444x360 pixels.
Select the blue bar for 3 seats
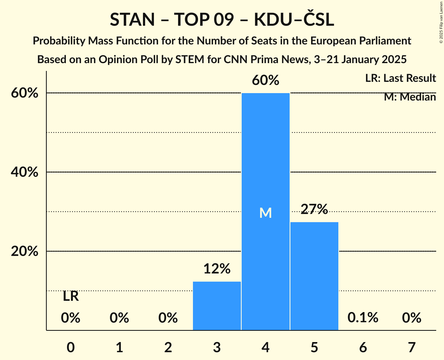(217, 306)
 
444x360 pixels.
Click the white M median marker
(265, 213)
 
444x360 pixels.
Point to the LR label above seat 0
(71, 296)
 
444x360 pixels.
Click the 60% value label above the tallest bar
(265, 80)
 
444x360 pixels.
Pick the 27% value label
(314, 209)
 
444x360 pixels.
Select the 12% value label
(217, 268)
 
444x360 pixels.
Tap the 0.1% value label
(363, 318)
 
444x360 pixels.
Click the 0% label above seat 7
(412, 318)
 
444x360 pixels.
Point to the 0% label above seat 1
(119, 318)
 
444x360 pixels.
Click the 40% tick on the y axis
(25, 172)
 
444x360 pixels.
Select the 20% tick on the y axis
(25, 252)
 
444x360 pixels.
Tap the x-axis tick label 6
(363, 347)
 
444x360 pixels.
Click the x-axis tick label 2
(168, 347)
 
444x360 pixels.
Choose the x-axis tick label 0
(71, 347)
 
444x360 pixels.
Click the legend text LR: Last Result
(400, 78)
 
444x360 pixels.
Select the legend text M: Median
(410, 97)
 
